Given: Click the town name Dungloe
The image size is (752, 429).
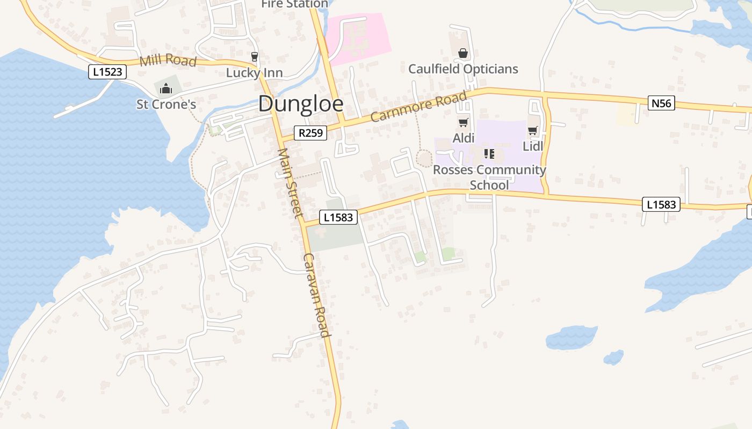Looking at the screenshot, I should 300,103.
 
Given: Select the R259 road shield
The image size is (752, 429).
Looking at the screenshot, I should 310,132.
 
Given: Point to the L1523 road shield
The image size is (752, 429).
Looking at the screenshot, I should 107,72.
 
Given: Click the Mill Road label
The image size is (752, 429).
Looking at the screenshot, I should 168,60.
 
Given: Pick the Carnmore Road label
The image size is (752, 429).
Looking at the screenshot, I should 418,107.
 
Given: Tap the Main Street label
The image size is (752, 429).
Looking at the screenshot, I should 291,182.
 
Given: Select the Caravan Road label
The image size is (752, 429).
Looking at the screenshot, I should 316,294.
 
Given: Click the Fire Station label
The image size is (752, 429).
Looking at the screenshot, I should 294,4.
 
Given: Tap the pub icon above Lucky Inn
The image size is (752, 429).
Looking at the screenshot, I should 255,56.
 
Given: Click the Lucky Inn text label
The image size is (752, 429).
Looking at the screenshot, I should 254,72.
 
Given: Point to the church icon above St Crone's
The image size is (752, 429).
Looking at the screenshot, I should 166,88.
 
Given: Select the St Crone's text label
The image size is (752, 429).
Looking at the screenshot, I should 166,104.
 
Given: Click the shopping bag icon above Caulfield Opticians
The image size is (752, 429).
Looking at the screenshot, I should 463,53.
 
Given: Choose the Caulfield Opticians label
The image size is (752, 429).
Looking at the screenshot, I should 463,69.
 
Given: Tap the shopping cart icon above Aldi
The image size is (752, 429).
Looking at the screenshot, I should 463,123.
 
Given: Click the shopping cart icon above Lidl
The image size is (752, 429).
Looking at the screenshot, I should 533,131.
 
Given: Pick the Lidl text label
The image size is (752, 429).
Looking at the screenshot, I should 533,146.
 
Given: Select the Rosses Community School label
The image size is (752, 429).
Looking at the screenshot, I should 489,177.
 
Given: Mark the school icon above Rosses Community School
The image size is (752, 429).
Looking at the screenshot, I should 489,154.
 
